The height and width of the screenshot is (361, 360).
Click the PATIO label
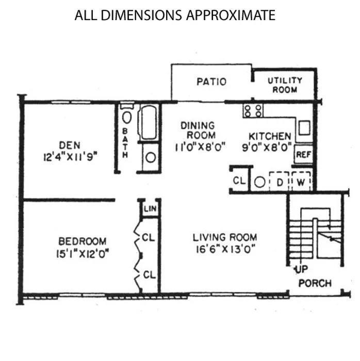211,81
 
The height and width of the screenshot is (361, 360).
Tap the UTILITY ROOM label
285,85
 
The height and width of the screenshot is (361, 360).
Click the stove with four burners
253,111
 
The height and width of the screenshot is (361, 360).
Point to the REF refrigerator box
304,154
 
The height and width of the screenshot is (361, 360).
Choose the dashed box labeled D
279,182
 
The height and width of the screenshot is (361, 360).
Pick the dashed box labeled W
301,182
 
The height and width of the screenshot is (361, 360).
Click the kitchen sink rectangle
304,128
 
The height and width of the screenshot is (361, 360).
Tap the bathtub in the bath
149,123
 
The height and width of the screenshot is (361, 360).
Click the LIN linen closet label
150,209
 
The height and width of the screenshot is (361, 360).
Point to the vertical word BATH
125,143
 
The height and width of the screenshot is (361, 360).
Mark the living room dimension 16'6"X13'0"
225,249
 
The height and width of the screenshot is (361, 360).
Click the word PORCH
315,283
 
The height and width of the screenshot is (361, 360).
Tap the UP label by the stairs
301,269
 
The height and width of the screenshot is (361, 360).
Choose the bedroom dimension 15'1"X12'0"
83,254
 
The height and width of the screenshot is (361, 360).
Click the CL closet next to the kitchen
239,180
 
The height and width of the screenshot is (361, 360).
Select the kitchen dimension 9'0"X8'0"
267,147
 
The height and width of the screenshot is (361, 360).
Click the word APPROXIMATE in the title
231,15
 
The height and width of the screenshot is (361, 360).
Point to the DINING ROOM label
198,130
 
